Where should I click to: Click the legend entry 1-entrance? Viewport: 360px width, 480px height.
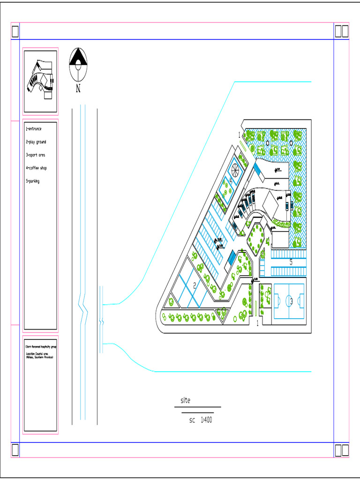34,129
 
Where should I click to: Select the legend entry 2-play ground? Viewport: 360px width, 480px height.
36,142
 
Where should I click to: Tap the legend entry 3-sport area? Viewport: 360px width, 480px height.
36,155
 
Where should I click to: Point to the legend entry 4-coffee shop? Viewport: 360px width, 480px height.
37,168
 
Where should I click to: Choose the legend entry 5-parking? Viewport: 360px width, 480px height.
33,181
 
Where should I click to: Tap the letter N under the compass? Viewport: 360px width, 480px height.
78,89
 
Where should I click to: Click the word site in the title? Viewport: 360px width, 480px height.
186,401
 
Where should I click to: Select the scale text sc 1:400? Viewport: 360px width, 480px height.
201,420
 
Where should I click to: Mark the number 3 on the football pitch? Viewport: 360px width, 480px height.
291,301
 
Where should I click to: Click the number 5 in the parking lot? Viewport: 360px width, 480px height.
291,262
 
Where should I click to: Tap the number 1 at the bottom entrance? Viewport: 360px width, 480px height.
257,323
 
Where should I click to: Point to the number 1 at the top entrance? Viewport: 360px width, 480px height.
239,135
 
